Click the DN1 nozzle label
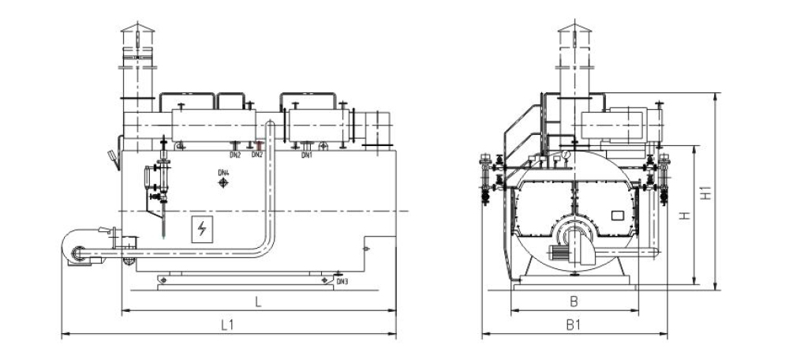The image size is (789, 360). coord(307,155)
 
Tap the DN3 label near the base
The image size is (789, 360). coord(342,280)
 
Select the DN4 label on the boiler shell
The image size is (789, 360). coord(223,172)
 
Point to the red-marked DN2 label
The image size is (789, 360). coord(256,155)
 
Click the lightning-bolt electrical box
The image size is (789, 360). coord(203,229)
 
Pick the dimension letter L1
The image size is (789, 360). coord(227,324)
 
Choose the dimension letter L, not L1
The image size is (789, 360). coord(257,302)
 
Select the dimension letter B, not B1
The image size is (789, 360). coord(574,301)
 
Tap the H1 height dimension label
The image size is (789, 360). coord(706,192)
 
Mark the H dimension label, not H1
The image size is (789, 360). coord(686,215)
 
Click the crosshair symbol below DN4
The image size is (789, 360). coord(223,184)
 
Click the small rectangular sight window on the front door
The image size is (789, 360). coord(616,215)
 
